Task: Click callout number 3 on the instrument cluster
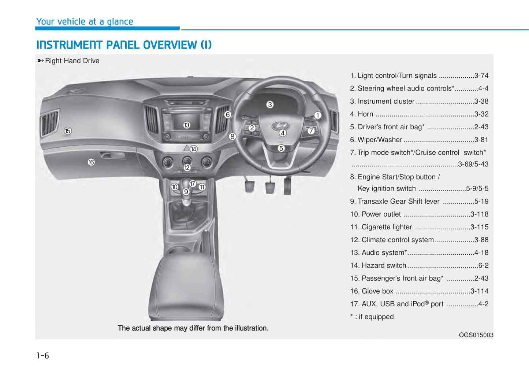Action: click(x=270, y=105)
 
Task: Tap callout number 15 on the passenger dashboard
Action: click(x=68, y=131)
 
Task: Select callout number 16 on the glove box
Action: click(x=91, y=162)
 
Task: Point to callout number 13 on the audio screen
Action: click(x=187, y=125)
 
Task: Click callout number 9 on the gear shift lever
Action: click(x=186, y=192)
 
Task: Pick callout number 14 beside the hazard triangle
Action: click(x=194, y=149)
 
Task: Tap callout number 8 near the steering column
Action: click(x=232, y=136)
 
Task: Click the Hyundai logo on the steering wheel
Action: click(x=280, y=126)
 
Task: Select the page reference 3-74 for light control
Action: click(x=481, y=75)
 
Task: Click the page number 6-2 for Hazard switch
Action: click(x=483, y=265)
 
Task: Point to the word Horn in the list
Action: click(x=365, y=114)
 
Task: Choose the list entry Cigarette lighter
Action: click(x=387, y=227)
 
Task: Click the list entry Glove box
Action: click(x=377, y=291)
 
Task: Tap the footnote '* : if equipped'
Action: click(x=372, y=317)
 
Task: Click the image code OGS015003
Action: click(x=476, y=335)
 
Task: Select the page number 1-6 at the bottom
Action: click(x=42, y=355)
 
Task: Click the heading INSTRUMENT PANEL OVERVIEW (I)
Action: click(x=124, y=45)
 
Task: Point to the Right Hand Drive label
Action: click(x=72, y=61)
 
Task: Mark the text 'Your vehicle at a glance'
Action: click(x=85, y=22)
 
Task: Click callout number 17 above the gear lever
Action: click(x=193, y=184)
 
